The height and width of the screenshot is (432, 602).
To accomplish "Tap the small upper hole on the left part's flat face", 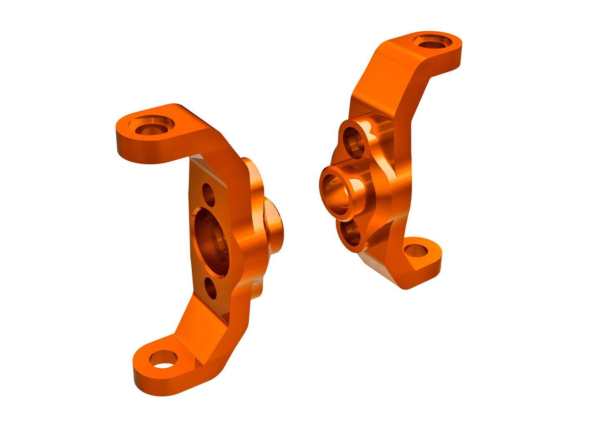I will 208,192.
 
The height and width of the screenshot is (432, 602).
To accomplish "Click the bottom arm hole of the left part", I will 164,360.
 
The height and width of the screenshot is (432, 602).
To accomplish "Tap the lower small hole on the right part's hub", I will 352,234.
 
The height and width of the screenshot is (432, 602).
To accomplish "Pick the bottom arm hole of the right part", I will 416,251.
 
